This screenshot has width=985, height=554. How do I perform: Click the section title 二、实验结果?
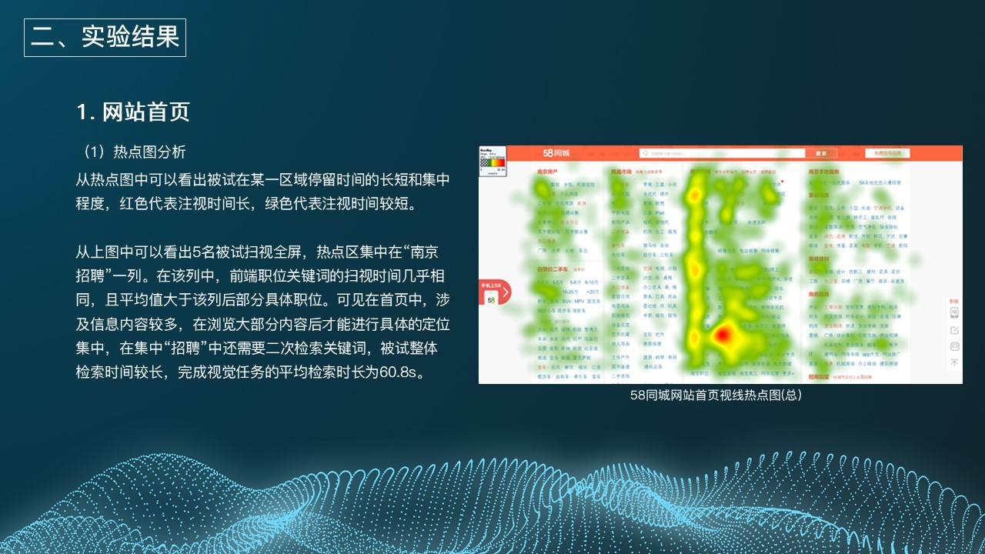105,38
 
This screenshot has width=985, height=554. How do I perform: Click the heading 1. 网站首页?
133,112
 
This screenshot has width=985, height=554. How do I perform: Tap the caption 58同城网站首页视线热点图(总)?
716,395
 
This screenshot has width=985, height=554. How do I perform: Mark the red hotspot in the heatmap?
723,335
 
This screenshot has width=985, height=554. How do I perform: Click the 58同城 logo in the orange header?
556,153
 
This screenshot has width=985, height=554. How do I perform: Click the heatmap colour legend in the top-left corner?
492,161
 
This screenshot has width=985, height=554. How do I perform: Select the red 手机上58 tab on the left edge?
493,292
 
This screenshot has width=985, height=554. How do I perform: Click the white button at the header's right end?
893,153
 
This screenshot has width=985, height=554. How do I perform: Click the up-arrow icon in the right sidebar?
955,362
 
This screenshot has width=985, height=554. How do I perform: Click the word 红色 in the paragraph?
135,203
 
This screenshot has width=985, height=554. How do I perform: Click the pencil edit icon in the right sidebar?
955,329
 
